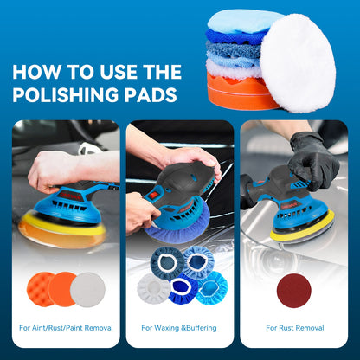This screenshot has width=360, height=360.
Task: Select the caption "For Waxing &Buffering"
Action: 180,328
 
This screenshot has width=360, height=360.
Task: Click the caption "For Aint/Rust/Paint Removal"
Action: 67,328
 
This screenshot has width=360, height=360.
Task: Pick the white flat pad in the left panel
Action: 88,289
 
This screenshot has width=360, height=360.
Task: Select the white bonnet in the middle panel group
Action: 153,287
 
